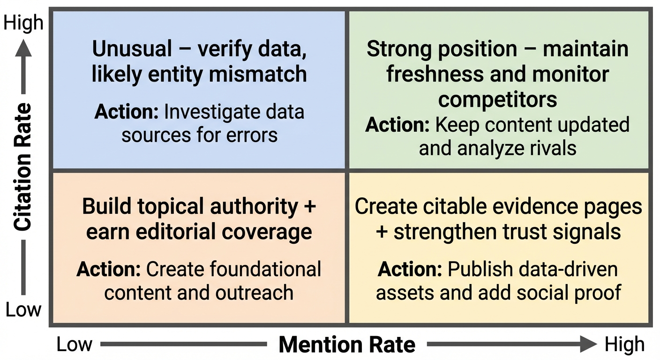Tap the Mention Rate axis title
point(347,345)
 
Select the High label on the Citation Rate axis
point(23,23)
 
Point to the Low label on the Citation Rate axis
point(23,310)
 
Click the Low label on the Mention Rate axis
point(74,345)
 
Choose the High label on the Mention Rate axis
point(624,345)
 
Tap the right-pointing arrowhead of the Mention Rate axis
point(589,345)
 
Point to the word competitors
point(498,99)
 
